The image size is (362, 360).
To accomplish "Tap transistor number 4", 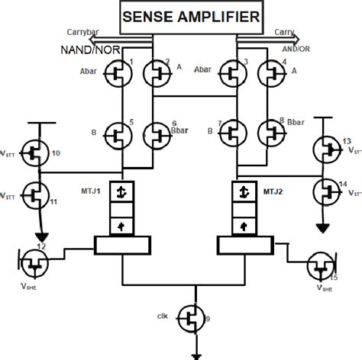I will click(270, 73).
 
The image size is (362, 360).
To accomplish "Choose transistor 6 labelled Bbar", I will click(159, 135).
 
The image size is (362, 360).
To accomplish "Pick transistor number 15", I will click(322, 267).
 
